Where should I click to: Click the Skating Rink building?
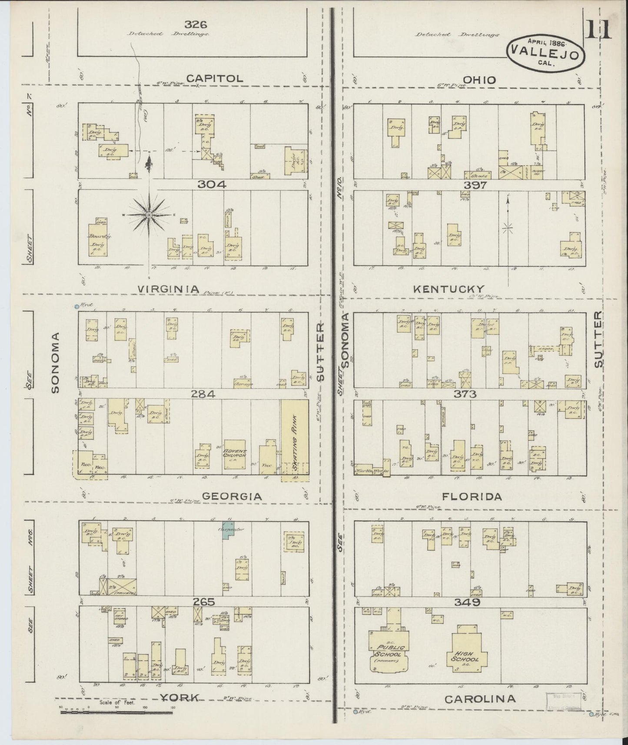tap(294, 439)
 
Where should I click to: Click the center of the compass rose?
tap(149, 215)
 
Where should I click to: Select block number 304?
tap(212, 184)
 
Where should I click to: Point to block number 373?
tap(465, 394)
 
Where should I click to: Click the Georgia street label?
tap(233, 496)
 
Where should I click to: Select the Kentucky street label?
tap(449, 289)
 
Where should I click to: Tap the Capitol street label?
tap(214, 78)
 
